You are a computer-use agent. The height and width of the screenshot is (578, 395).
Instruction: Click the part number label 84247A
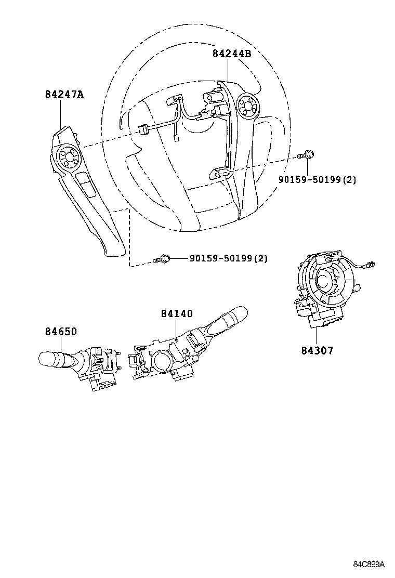click(64, 94)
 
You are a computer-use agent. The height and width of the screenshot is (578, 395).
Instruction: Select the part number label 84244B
click(231, 53)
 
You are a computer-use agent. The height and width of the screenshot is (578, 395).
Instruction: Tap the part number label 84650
click(60, 332)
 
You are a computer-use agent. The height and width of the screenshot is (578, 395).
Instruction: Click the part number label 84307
click(317, 350)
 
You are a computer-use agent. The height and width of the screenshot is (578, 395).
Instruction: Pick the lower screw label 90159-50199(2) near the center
click(228, 258)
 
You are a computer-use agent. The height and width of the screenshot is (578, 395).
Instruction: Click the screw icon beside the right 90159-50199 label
click(306, 154)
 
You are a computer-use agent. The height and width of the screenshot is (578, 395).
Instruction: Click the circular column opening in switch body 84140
click(161, 360)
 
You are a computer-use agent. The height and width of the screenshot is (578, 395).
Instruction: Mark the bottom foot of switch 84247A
click(116, 252)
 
